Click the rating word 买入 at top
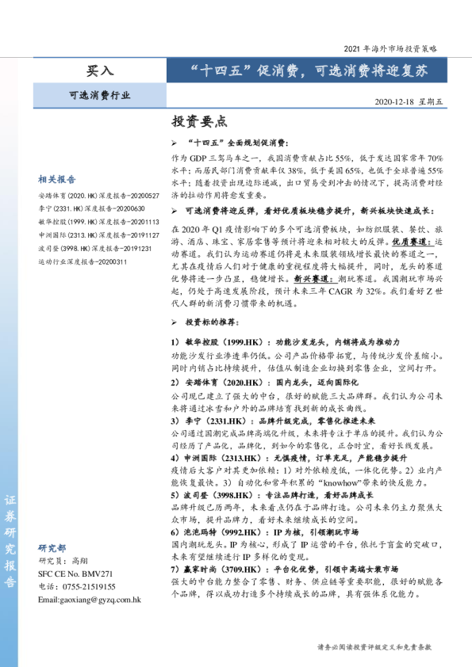100,71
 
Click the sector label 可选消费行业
100,96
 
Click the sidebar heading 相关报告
57,180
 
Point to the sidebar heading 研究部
52,548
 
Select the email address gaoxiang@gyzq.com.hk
90,600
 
